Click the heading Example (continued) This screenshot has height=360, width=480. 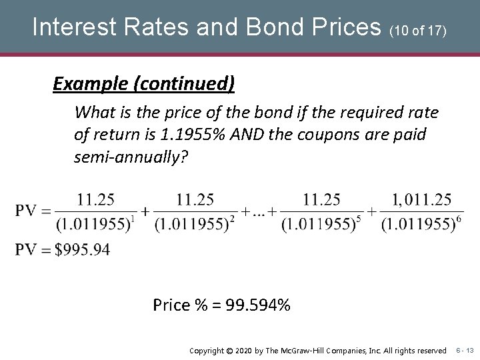(x=144, y=83)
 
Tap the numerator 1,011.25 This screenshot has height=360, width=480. (x=422, y=199)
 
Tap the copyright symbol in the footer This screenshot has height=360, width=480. (x=227, y=350)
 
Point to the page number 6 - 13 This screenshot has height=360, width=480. (x=464, y=350)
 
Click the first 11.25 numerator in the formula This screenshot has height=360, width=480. (x=96, y=199)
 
